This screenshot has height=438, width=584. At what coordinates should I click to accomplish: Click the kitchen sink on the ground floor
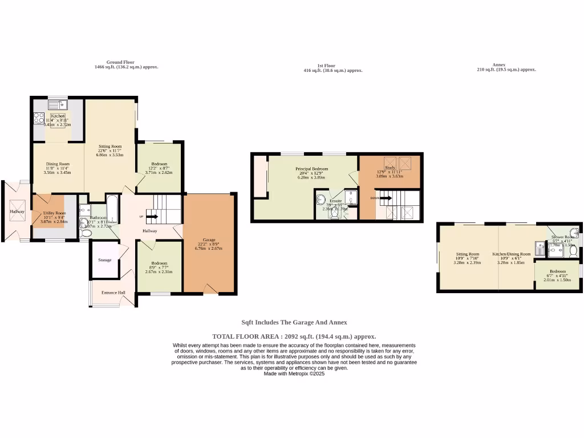[58, 104]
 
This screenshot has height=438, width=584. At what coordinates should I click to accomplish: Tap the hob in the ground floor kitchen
[39, 118]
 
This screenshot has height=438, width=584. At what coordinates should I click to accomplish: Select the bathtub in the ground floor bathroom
[112, 209]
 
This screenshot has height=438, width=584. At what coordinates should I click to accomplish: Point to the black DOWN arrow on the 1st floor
[386, 198]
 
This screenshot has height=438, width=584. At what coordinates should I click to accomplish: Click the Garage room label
[209, 240]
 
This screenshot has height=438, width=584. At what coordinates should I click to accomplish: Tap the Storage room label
[104, 260]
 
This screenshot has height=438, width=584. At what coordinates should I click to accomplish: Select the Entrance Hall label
[112, 293]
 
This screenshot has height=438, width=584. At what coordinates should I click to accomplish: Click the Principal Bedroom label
[311, 169]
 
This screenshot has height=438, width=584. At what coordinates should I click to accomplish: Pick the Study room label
[390, 168]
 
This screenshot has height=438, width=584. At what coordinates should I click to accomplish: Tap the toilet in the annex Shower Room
[574, 250]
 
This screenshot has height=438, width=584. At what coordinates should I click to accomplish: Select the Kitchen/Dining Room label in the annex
[512, 254]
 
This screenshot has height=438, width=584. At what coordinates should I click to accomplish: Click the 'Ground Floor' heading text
[120, 62]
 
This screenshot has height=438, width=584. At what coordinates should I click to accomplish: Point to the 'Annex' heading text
[498, 65]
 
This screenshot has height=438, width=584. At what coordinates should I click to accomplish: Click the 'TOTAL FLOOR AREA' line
[294, 336]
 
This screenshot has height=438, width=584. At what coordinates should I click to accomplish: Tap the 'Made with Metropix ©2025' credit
[294, 374]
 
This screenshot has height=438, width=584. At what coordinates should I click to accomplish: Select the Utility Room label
[55, 213]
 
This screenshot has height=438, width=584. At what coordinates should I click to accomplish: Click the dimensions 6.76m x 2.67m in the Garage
[209, 249]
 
